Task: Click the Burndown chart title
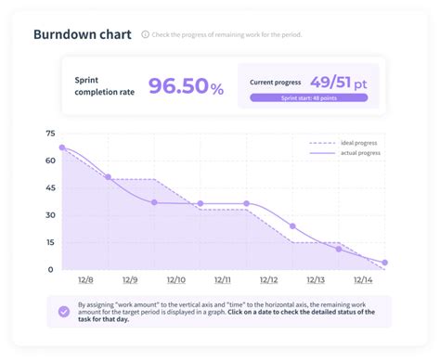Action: click(82, 35)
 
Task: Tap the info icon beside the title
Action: click(146, 35)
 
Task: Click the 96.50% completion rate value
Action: click(186, 88)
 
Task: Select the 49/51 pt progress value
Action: click(338, 83)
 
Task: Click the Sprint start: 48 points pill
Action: click(308, 97)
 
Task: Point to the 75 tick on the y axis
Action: click(49, 134)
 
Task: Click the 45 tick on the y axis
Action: click(49, 187)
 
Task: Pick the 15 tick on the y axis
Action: click(49, 242)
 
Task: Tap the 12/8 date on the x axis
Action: click(84, 279)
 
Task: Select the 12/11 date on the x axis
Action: click(223, 279)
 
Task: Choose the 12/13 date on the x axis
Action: click(316, 279)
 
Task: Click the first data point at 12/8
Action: click(62, 148)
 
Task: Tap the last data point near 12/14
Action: click(384, 263)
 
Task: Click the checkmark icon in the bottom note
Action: click(63, 312)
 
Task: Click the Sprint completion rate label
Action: click(104, 87)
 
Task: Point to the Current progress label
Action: click(277, 83)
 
